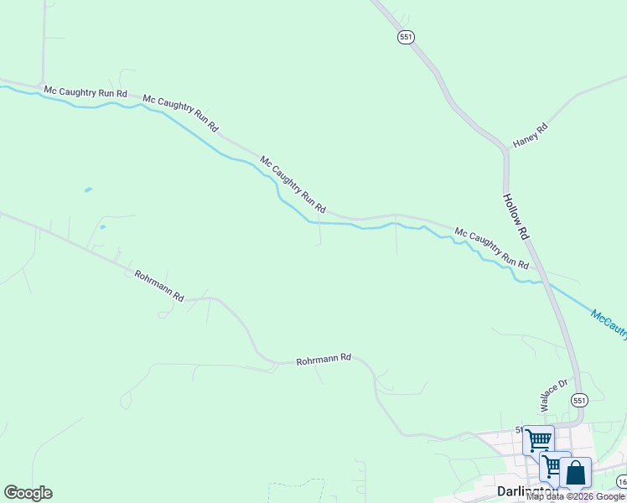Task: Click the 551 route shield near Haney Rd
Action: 406,38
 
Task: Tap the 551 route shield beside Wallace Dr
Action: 579,400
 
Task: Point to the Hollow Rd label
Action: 516,216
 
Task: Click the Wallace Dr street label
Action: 553,395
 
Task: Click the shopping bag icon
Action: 576,473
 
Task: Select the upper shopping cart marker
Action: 537,439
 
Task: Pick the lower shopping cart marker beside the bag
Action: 554,465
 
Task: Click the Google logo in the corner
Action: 28,493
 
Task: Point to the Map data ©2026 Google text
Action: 576,496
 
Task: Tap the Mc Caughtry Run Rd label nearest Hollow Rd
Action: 491,247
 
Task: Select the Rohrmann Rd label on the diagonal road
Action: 159,286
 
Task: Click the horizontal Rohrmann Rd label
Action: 323,360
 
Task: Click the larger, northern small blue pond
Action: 88,190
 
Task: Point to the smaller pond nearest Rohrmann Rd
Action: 102,226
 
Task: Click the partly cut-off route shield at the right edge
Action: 622,482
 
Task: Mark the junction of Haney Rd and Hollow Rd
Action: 505,152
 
